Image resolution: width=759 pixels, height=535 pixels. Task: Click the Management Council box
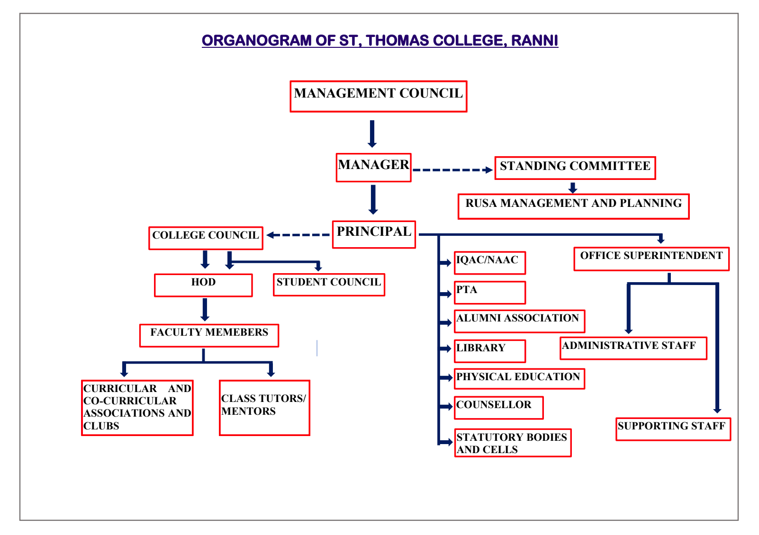(378, 96)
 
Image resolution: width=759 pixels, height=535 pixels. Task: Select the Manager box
(373, 167)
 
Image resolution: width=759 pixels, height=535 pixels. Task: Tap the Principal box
(374, 234)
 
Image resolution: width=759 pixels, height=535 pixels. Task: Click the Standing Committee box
(575, 168)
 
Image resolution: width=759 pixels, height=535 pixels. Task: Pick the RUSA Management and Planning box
(573, 206)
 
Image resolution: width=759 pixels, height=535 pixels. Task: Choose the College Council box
(206, 238)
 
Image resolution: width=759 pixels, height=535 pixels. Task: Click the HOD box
(203, 285)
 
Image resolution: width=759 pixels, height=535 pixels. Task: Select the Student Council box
(329, 285)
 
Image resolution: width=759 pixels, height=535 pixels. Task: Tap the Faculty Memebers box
(209, 335)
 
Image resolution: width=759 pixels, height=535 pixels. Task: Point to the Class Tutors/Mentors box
(264, 407)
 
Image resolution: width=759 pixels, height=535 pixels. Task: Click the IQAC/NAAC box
(489, 262)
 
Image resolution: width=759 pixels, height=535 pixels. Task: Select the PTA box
(489, 292)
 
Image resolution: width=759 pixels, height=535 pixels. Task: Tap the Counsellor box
(498, 407)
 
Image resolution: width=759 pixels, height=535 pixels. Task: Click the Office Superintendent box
(651, 259)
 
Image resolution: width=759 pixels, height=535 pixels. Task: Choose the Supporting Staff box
(673, 428)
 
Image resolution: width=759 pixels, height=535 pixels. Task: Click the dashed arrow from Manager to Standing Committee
(452, 170)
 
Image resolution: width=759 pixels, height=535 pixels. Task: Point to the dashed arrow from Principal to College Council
(298, 235)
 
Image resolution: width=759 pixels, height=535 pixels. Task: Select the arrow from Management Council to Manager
(372, 134)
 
